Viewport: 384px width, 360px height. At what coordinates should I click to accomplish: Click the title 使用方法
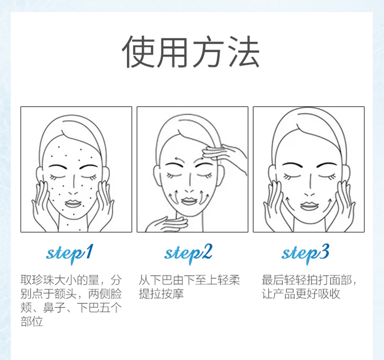tap(191, 52)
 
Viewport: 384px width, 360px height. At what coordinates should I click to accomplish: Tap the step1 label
tap(70, 253)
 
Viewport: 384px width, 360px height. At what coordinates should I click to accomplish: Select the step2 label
tap(188, 253)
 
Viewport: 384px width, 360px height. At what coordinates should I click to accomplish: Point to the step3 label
tap(305, 253)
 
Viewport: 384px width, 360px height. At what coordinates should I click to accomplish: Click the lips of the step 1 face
tap(73, 203)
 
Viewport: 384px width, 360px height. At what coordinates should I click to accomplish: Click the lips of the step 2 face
tap(189, 201)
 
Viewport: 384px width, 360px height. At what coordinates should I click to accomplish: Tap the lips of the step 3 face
tap(309, 205)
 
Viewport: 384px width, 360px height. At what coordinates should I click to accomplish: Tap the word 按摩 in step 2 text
tap(173, 294)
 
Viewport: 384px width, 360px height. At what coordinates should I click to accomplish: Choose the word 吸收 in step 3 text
tap(329, 294)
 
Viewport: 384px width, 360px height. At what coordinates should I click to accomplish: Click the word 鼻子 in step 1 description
tap(54, 308)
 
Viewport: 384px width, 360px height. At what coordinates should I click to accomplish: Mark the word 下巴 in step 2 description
tap(161, 280)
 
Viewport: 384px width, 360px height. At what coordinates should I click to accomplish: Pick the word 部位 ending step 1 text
tap(32, 322)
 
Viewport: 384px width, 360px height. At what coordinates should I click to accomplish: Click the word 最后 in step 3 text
tap(273, 280)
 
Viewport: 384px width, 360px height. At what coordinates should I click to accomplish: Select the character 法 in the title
tap(244, 52)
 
